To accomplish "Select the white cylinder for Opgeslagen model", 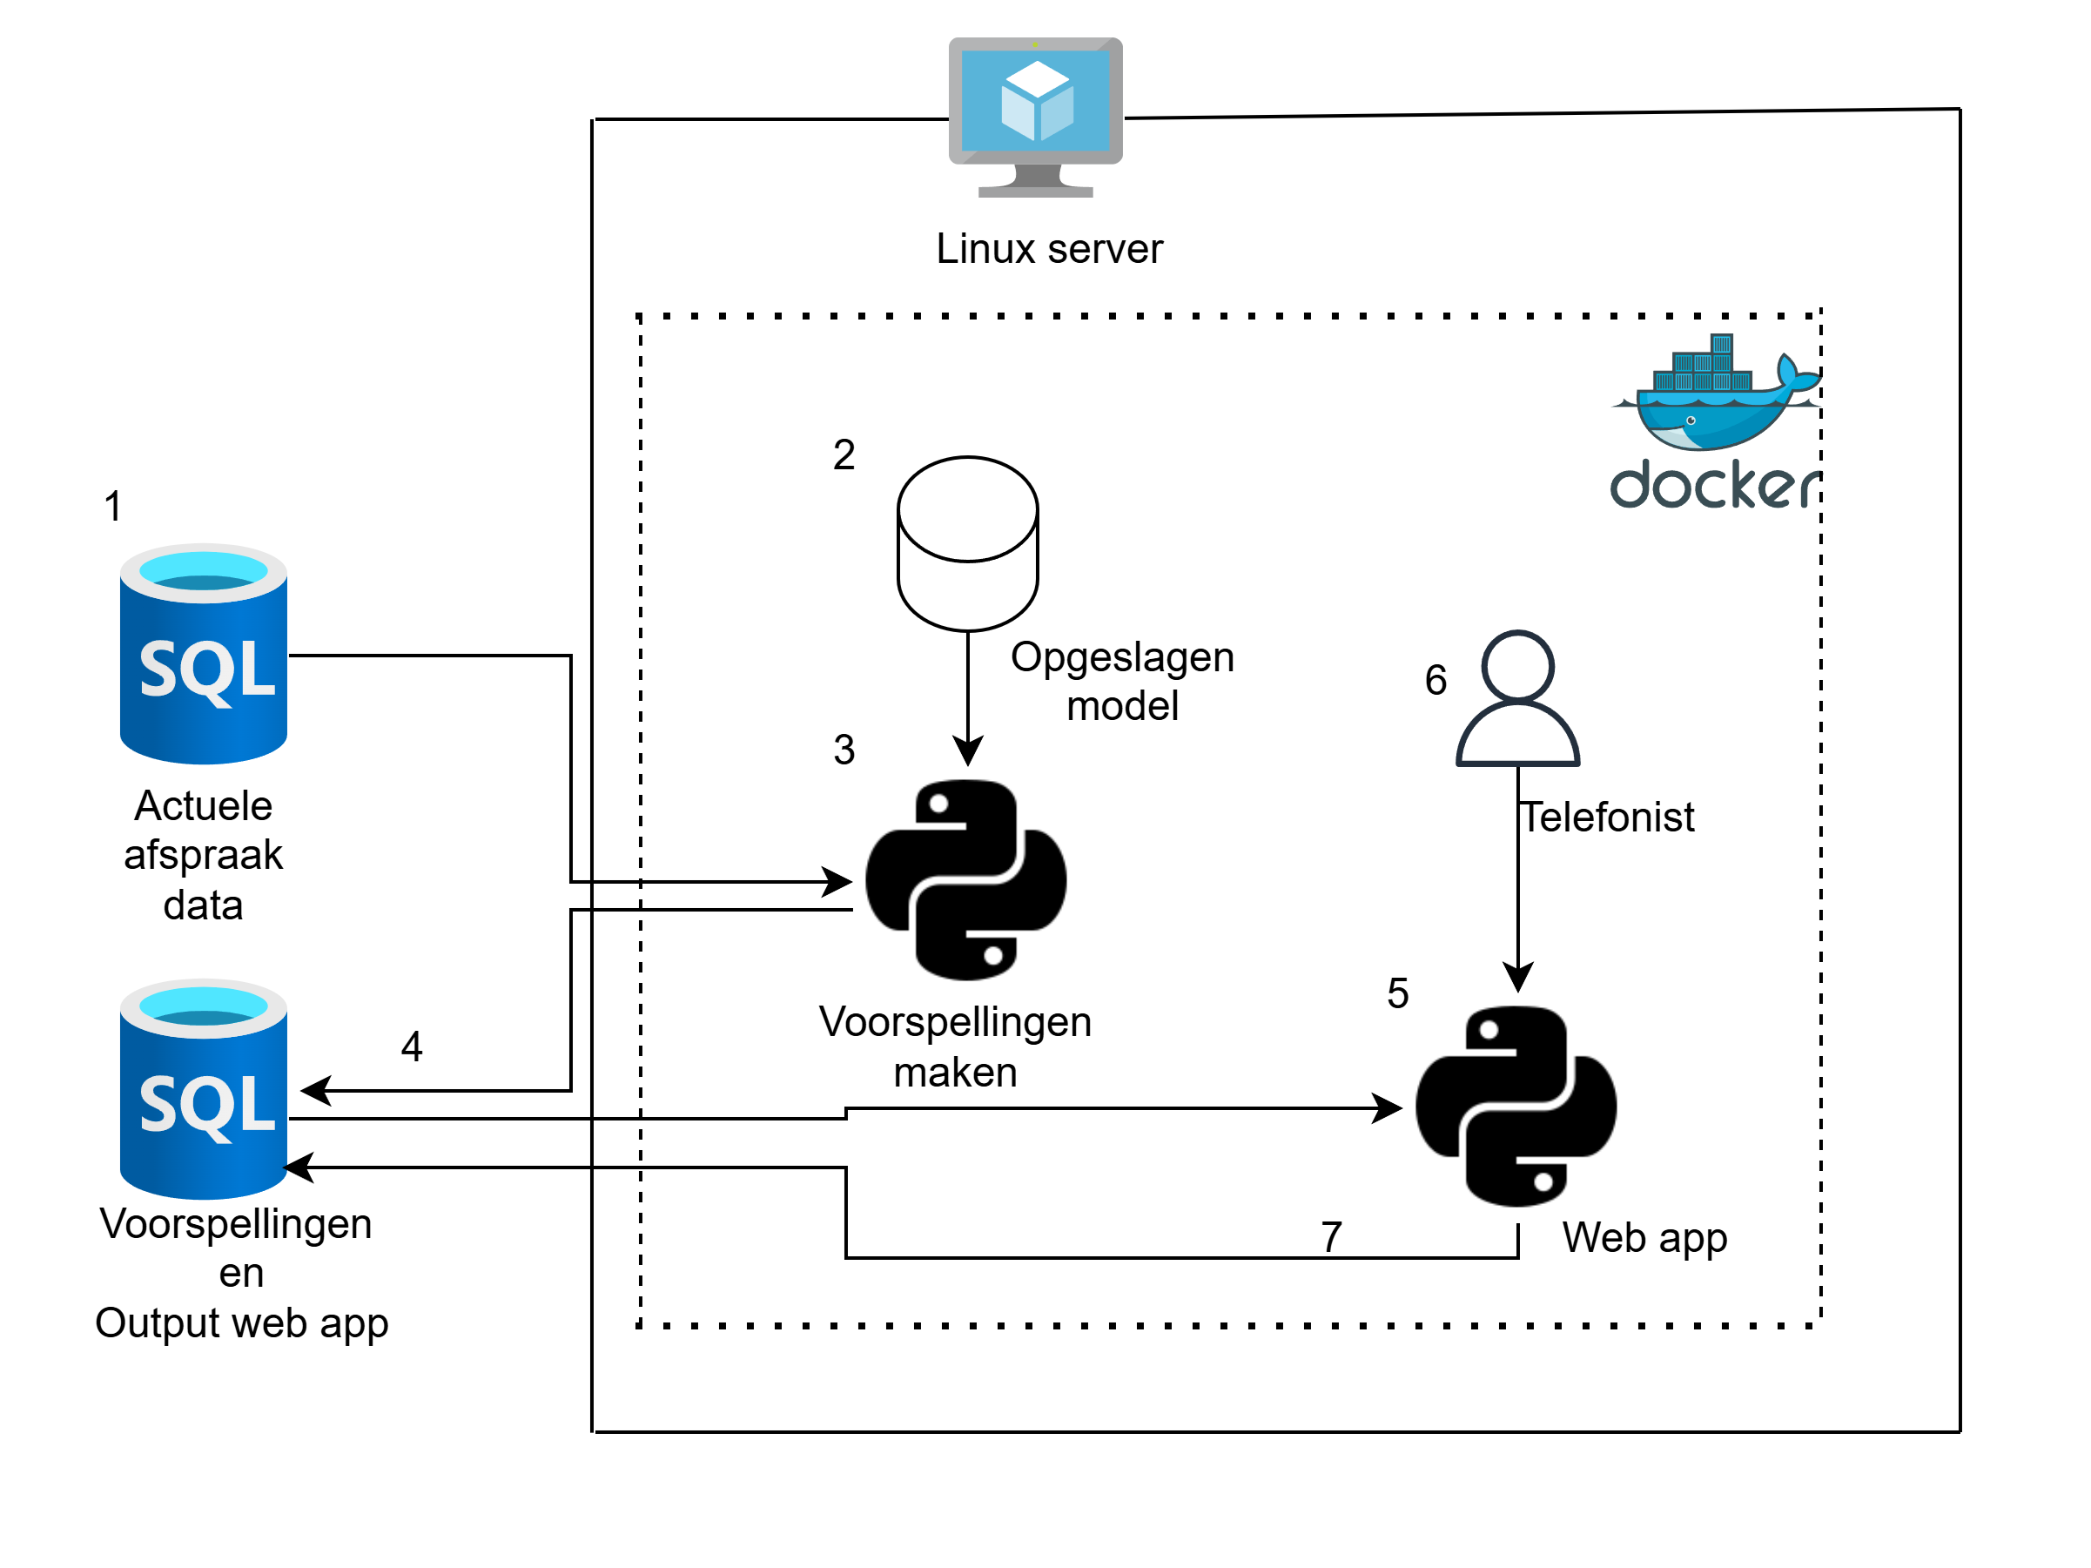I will coord(967,543).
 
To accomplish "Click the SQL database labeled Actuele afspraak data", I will coord(203,653).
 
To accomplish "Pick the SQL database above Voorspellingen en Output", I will coord(203,1089).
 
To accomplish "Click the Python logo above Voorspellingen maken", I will coord(965,879).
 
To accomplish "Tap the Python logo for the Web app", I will coord(1516,1106).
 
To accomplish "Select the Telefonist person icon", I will coord(1517,698).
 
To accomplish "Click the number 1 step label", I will coord(112,506).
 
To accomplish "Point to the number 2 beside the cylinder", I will coord(844,454).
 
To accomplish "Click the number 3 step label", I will coord(844,750).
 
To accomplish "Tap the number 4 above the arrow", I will coord(411,1046).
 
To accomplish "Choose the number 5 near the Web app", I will coord(1397,993).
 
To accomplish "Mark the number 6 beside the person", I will coord(1435,680).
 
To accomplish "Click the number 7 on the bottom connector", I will coord(1331,1236).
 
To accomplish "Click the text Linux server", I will coord(1048,250).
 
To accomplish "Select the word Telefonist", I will coord(1607,818).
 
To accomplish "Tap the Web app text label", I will coord(1644,1237).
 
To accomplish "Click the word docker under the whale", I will coord(1714,486).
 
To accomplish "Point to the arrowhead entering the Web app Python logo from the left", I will coord(1388,1107).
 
